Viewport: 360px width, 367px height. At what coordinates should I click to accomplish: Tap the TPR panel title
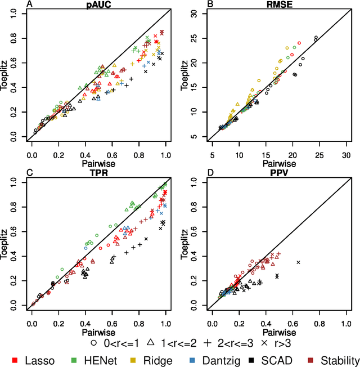96,174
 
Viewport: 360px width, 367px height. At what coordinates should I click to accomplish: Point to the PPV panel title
277,174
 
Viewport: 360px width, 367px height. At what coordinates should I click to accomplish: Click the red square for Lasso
16,359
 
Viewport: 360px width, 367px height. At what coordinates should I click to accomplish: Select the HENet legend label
99,359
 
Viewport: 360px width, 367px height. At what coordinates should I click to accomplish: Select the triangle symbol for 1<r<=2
150,342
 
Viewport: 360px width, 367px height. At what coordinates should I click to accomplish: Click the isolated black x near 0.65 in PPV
299,262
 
